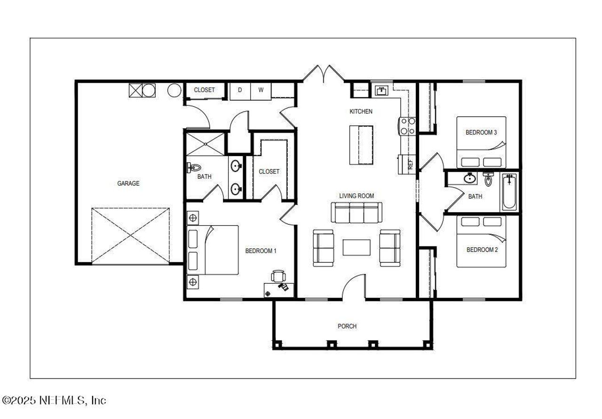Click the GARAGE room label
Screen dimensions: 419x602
[128, 183]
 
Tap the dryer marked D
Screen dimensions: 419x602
[239, 90]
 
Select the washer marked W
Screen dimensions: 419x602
[261, 90]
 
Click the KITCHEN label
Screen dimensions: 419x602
[361, 111]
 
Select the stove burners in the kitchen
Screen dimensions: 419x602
[407, 126]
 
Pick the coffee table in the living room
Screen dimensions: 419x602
[356, 247]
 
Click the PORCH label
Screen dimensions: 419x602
[347, 326]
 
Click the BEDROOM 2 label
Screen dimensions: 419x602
[482, 250]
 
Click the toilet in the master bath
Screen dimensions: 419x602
[194, 167]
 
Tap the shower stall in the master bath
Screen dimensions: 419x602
[205, 144]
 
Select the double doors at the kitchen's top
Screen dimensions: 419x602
[323, 73]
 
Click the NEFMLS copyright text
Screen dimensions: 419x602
[55, 400]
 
